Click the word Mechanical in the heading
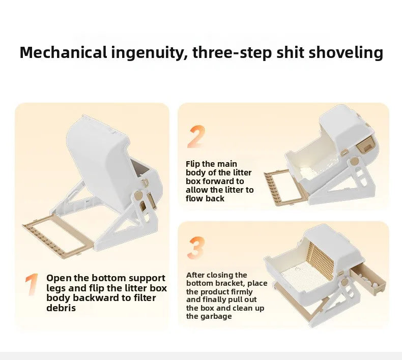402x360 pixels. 63,52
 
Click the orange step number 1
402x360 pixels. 32,284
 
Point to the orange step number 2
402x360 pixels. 197,137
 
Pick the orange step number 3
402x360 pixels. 196,248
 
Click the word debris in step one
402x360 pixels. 61,308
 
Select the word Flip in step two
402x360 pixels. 193,164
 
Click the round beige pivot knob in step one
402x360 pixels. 138,195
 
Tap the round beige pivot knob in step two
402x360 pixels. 354,161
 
